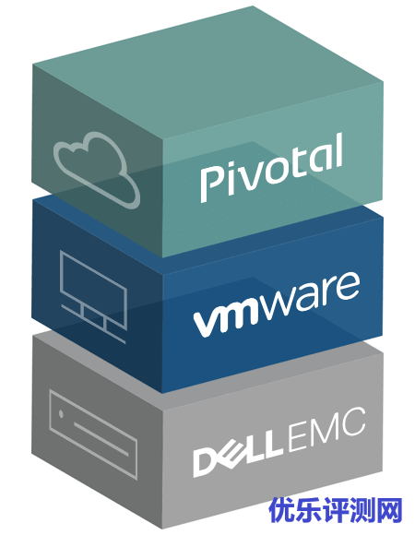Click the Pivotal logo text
[x=271, y=168]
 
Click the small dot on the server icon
[x=61, y=414]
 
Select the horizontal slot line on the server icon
[x=101, y=439]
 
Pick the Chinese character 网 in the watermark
[x=389, y=510]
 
